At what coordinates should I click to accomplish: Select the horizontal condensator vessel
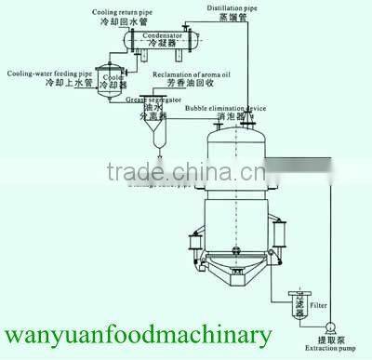click(x=159, y=42)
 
